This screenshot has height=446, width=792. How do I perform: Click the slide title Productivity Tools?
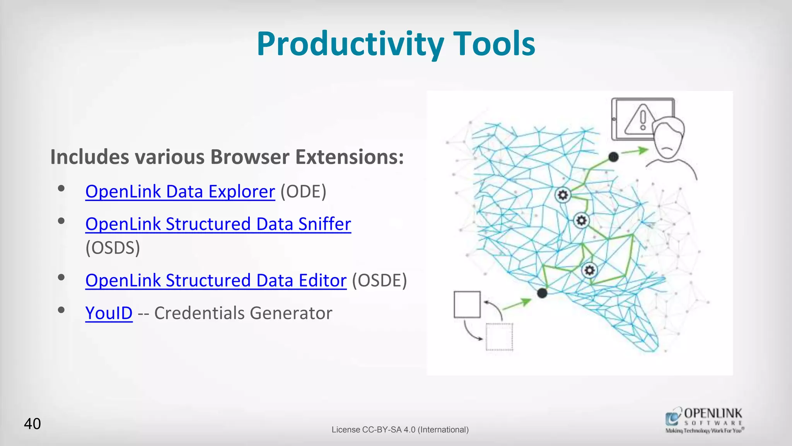tap(396, 44)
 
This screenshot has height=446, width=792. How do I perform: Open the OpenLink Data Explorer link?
tap(180, 192)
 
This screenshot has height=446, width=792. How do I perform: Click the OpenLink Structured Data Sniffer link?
tap(218, 224)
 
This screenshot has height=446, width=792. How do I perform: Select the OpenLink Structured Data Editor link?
tap(216, 281)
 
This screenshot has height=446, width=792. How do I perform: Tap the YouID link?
tap(109, 313)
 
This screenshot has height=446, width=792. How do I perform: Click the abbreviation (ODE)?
tap(303, 192)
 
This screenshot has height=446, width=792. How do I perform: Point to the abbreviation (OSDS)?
tap(113, 248)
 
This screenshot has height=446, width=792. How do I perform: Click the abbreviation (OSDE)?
tap(379, 281)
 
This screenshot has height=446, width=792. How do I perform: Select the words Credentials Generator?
tap(243, 313)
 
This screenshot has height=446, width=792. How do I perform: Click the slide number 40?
tap(32, 424)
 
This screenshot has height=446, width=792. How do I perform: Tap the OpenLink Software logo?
tap(704, 420)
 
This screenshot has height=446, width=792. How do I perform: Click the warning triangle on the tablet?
tap(640, 120)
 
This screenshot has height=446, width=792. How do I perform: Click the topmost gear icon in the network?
tap(563, 195)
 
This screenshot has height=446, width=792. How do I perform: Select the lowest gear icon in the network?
tap(589, 270)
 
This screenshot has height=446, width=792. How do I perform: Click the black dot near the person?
tap(613, 157)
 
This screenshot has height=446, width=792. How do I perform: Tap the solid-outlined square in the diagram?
tap(467, 304)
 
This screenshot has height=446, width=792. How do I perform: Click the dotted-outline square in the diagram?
tap(499, 336)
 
